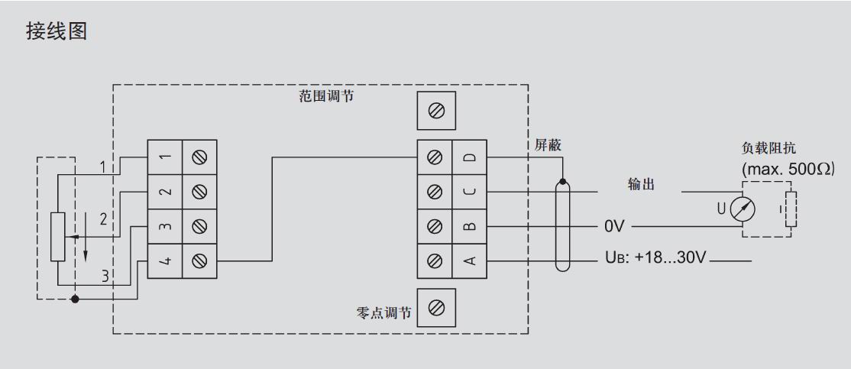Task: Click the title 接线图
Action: coord(57,33)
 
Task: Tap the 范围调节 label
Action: coord(325,97)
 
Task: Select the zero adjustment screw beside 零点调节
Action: coord(436,308)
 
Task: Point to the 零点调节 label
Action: coord(384,313)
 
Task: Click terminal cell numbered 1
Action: coord(164,157)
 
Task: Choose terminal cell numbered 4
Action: coord(164,261)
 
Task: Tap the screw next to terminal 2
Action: coord(199,192)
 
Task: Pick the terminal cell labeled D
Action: coord(470,157)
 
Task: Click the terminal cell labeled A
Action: coord(470,261)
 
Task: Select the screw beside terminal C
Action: coord(435,192)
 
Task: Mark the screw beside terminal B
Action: coord(435,227)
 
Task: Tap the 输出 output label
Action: coord(641,185)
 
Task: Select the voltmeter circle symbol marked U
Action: coord(739,209)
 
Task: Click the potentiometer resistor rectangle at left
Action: coord(58,237)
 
